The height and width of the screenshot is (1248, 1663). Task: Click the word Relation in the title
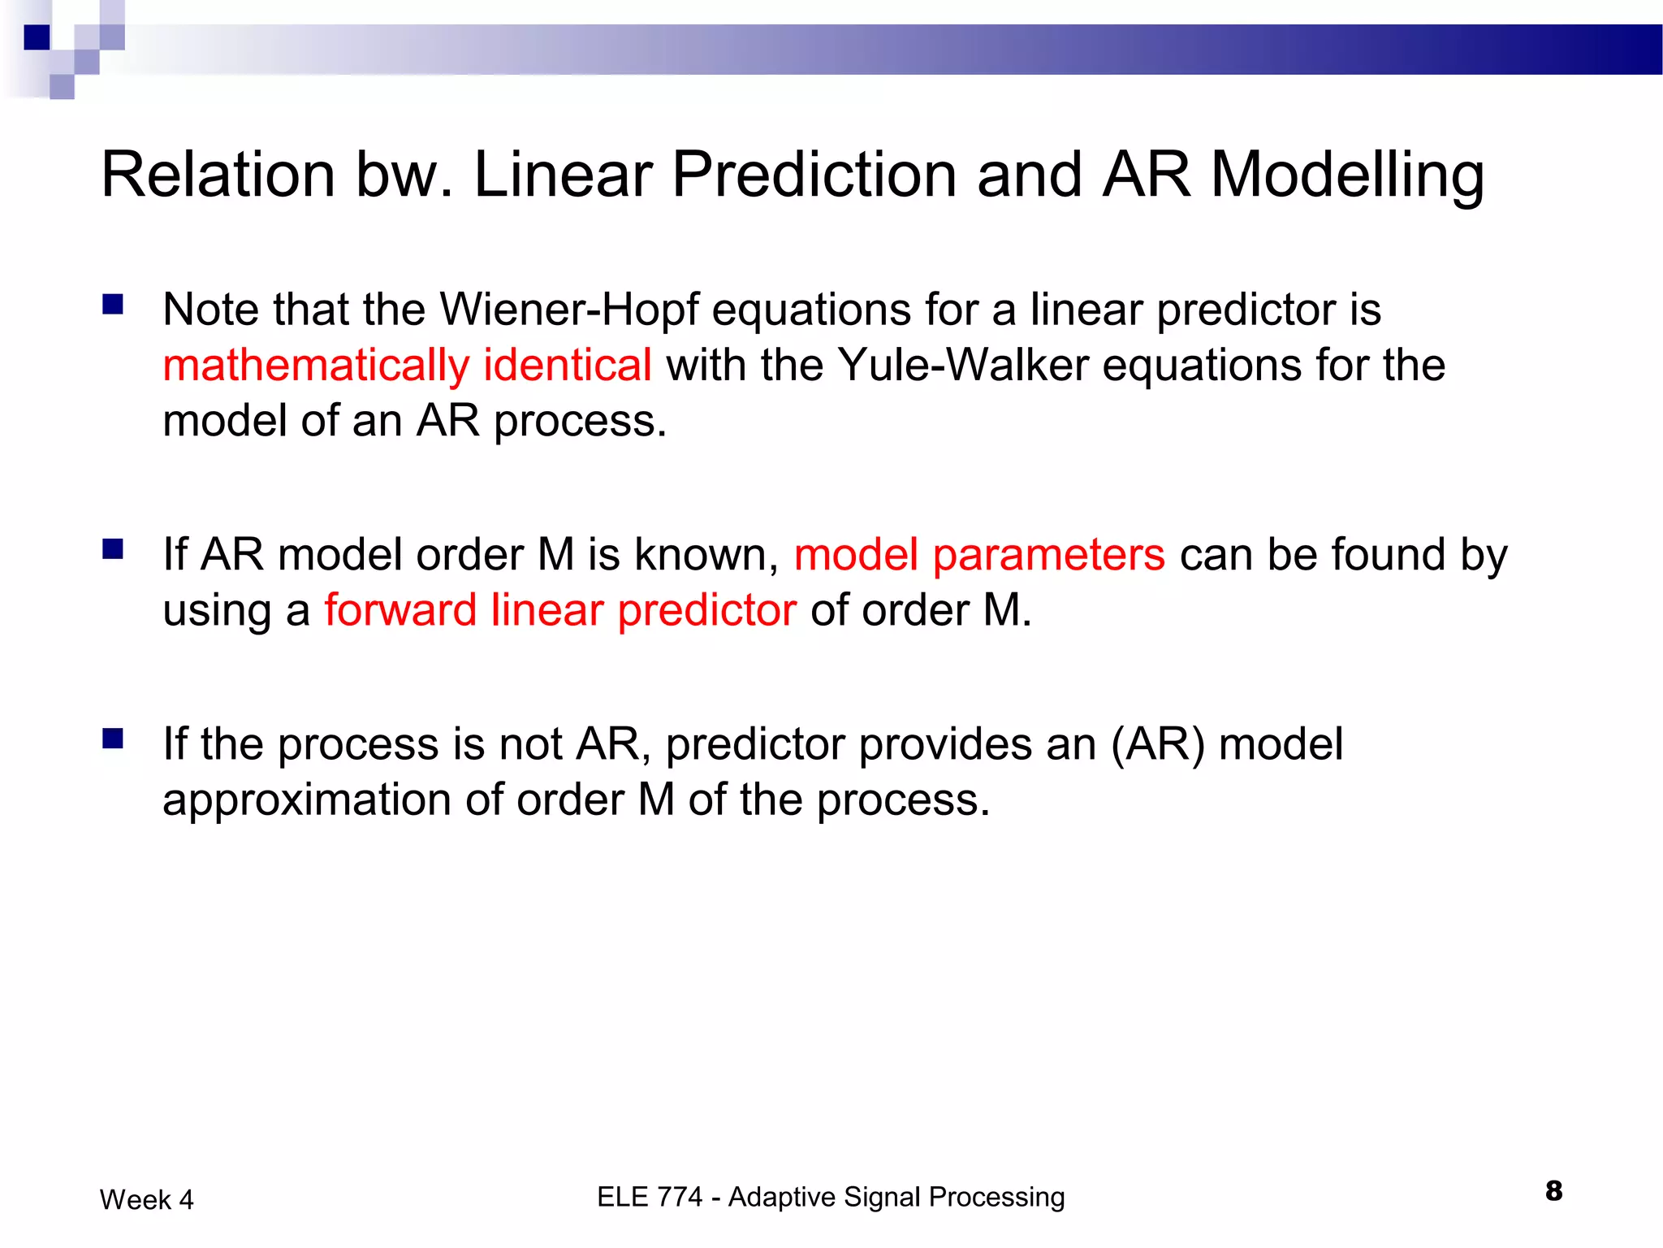(x=218, y=175)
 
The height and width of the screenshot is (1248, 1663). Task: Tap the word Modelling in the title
(x=1347, y=175)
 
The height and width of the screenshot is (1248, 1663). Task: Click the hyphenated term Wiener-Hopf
(x=568, y=310)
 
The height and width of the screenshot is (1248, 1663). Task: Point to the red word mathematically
(x=316, y=366)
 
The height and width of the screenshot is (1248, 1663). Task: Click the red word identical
(x=568, y=365)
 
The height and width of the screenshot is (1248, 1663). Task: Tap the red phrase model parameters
(x=979, y=555)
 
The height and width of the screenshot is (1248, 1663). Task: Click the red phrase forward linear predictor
(x=560, y=610)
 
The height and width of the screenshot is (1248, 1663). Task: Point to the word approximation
(x=306, y=800)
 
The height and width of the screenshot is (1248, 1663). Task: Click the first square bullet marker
(x=113, y=305)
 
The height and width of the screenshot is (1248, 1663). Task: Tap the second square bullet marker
(x=113, y=550)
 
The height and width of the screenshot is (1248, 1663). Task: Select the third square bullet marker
(x=113, y=739)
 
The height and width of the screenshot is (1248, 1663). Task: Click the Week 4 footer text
(x=147, y=1199)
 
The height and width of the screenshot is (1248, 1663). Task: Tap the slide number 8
(x=1553, y=1191)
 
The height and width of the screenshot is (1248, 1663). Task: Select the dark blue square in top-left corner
(x=37, y=37)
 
